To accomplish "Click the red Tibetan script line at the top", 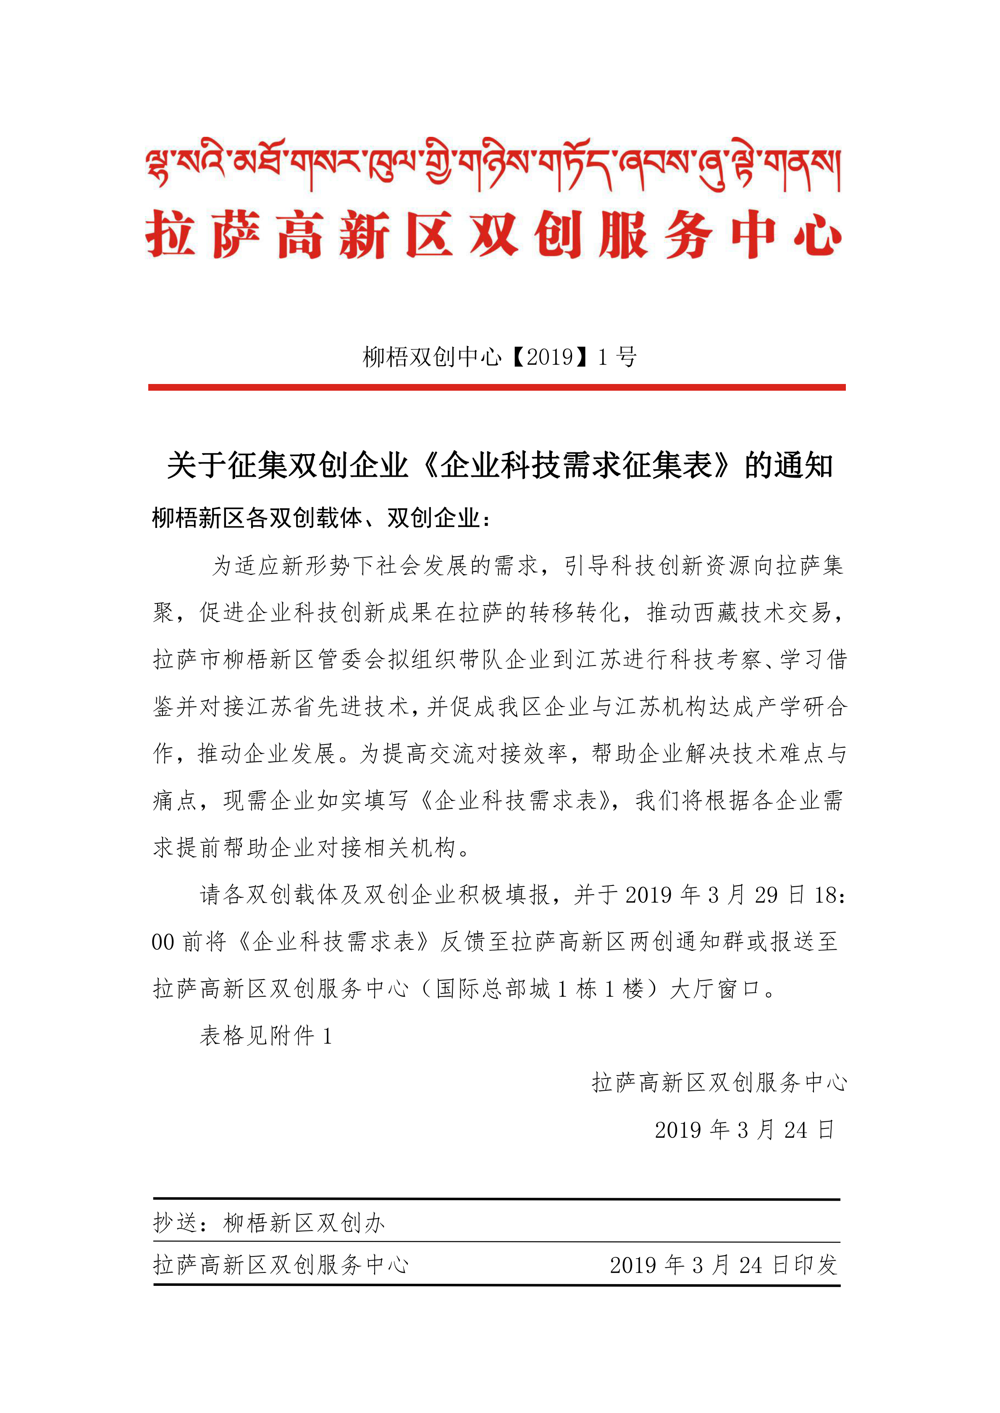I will [x=493, y=165].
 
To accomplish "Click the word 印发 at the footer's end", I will [x=816, y=1265].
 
